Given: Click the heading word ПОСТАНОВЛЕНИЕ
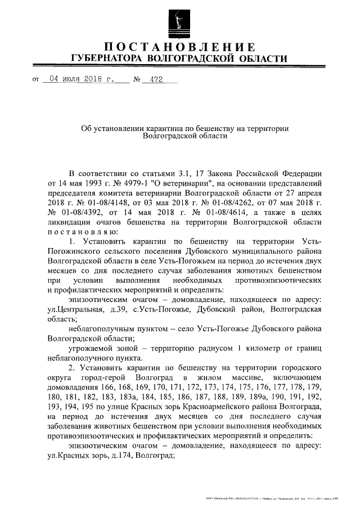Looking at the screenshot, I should [x=179, y=46].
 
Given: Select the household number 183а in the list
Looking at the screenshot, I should [x=129, y=397].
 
